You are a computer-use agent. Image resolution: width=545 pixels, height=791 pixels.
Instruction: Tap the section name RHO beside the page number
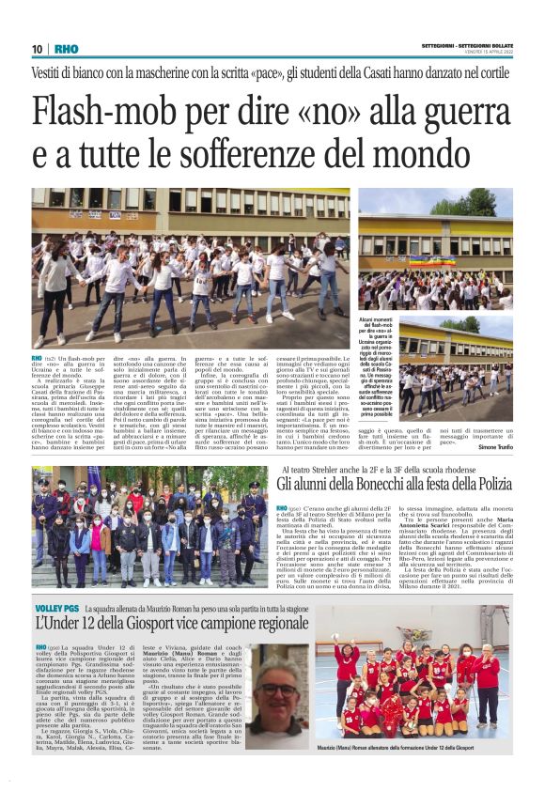(66, 49)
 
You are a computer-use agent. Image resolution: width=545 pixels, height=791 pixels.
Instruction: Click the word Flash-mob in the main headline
(98, 113)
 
